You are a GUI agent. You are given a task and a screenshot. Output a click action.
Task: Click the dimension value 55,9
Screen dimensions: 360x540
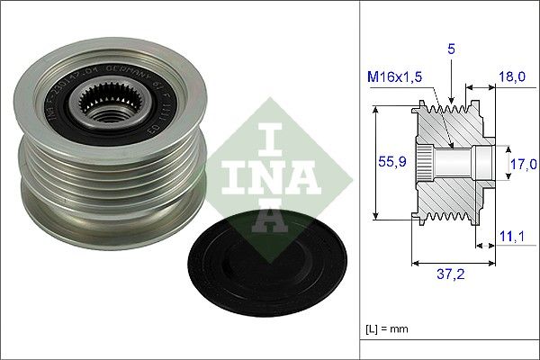[386, 163]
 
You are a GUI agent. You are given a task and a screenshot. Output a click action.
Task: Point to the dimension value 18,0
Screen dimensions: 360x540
[511, 79]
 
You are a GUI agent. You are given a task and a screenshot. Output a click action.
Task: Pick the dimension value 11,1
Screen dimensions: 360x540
[510, 237]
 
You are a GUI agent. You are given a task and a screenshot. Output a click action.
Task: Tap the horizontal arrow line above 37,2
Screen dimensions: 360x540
[454, 264]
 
